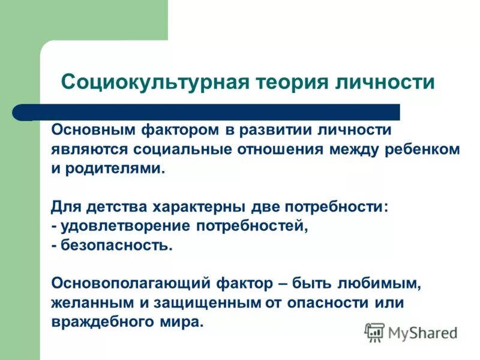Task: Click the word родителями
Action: (x=114, y=168)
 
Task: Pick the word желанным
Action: (x=90, y=302)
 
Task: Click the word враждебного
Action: (x=106, y=321)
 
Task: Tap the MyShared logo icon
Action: (x=374, y=332)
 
